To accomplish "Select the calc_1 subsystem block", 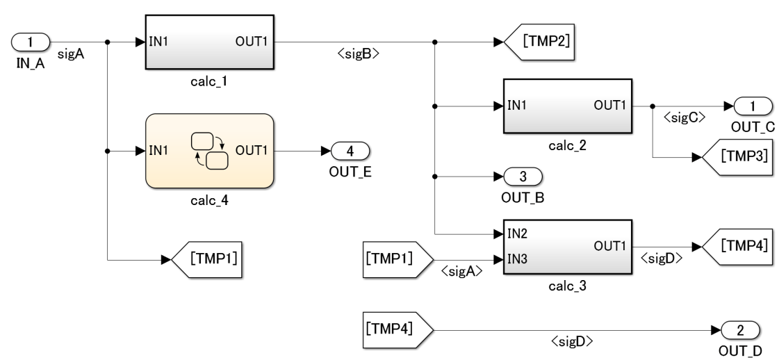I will tap(209, 42).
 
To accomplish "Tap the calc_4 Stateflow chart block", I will tap(209, 150).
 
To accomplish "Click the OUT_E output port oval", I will tap(351, 150).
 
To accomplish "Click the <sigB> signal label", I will tap(363, 54).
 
